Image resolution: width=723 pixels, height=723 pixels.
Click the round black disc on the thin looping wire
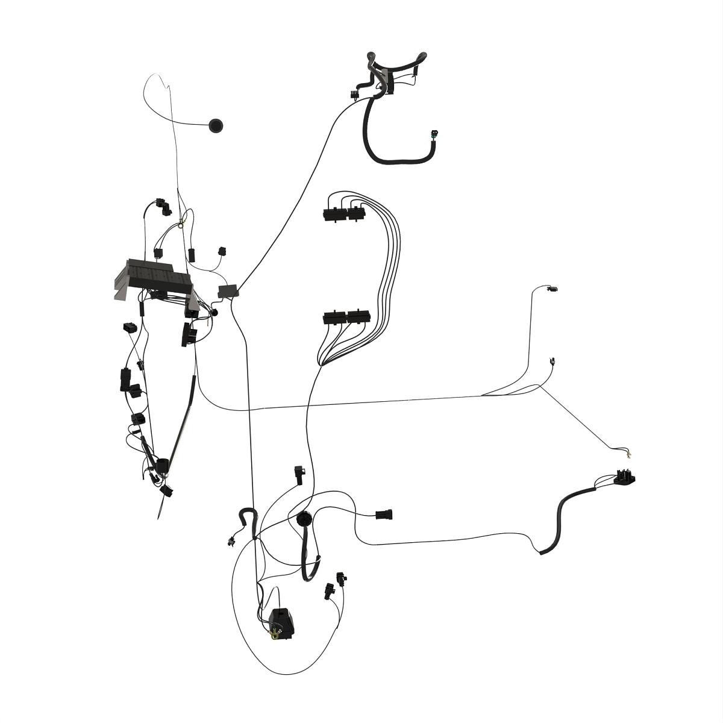[216, 125]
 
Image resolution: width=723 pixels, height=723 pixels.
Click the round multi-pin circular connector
[303, 519]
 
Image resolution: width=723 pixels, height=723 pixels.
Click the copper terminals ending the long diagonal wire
[630, 453]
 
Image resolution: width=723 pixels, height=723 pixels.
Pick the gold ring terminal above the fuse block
[180, 227]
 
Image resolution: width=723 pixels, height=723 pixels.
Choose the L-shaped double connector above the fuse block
[163, 206]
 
